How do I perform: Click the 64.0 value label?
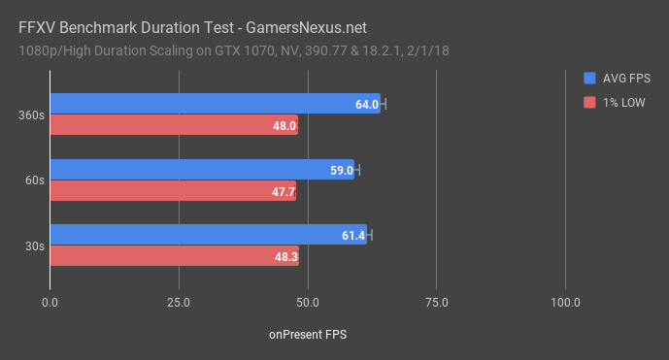(x=367, y=104)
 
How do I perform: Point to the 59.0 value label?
(x=342, y=170)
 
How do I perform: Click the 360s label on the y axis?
(x=31, y=115)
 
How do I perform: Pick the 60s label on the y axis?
(x=34, y=180)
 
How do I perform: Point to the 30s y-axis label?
(x=34, y=245)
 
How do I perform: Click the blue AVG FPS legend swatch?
(x=589, y=79)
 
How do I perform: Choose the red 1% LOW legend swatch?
(x=589, y=102)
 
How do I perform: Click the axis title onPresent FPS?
(x=308, y=334)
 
